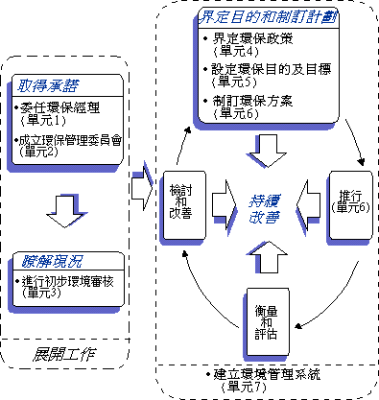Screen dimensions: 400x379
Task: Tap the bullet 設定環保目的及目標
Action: click(270, 72)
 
